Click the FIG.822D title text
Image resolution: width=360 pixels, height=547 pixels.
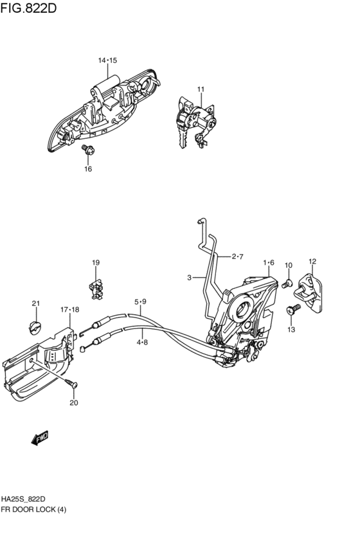pyautogui.click(x=28, y=8)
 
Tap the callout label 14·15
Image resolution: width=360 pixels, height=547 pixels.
pyautogui.click(x=107, y=60)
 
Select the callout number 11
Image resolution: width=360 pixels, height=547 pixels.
pyautogui.click(x=201, y=89)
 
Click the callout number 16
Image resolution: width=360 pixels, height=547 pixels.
pyautogui.click(x=88, y=169)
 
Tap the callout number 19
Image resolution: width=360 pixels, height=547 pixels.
pyautogui.click(x=96, y=262)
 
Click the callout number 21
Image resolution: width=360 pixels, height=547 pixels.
pyautogui.click(x=36, y=303)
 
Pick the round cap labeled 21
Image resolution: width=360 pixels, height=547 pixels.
pyautogui.click(x=34, y=328)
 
